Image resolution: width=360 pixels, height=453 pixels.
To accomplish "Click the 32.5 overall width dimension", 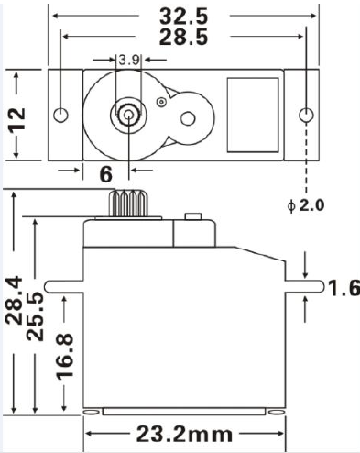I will [x=183, y=16].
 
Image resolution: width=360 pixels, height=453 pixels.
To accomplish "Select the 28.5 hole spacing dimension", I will [x=183, y=37].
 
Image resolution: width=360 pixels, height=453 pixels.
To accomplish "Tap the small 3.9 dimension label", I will [x=129, y=61].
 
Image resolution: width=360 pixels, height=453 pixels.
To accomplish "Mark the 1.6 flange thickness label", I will [x=344, y=289].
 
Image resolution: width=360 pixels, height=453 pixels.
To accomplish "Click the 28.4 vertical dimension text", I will [x=13, y=303].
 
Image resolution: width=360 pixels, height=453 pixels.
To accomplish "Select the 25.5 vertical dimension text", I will [x=36, y=316].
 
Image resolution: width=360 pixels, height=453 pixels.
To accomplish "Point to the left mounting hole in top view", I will [x=61, y=116].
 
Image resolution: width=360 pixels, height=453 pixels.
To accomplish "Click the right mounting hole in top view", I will [x=306, y=116].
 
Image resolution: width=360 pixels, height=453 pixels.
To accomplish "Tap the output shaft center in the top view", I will [x=125, y=116].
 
